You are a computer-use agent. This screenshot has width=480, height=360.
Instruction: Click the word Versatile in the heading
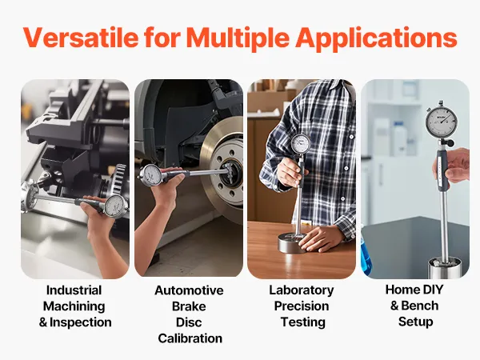[81, 38]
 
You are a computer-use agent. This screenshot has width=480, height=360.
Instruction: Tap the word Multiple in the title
[238, 38]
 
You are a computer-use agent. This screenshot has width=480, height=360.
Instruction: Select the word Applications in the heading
[376, 38]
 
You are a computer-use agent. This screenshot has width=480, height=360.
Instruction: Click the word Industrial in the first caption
[74, 290]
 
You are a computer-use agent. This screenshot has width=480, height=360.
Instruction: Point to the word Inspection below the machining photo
[81, 322]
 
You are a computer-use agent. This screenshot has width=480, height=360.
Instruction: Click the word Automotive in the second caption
[189, 290]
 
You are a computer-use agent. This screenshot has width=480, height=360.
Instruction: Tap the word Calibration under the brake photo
[190, 338]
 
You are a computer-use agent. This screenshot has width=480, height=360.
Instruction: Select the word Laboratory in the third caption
[302, 290]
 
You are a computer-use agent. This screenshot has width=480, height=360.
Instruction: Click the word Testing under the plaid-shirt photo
[303, 322]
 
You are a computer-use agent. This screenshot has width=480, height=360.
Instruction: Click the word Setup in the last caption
[416, 322]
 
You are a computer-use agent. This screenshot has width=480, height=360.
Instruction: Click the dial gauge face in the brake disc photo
[151, 174]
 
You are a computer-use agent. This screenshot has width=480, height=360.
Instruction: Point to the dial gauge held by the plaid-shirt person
[300, 143]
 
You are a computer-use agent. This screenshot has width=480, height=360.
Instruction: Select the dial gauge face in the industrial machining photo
[116, 206]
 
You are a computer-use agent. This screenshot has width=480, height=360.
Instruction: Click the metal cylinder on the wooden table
[293, 242]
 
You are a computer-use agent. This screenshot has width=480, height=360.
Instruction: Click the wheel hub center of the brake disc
[232, 174]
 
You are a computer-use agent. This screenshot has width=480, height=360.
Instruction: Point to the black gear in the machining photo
[119, 177]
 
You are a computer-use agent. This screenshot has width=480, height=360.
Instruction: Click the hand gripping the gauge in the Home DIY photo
[454, 166]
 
